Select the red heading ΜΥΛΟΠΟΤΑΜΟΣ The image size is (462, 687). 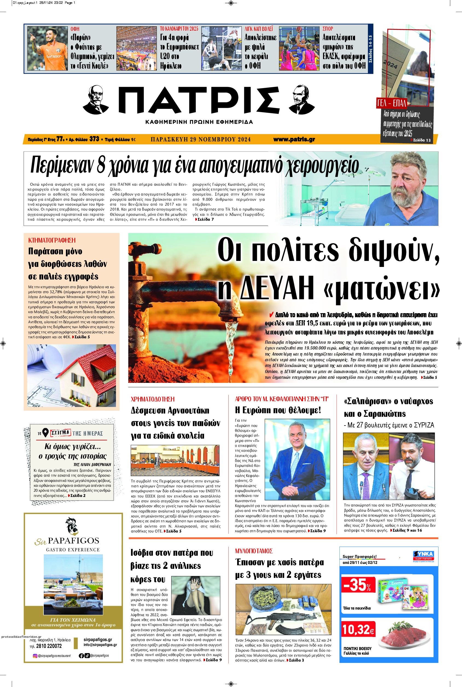(x=254, y=551)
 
